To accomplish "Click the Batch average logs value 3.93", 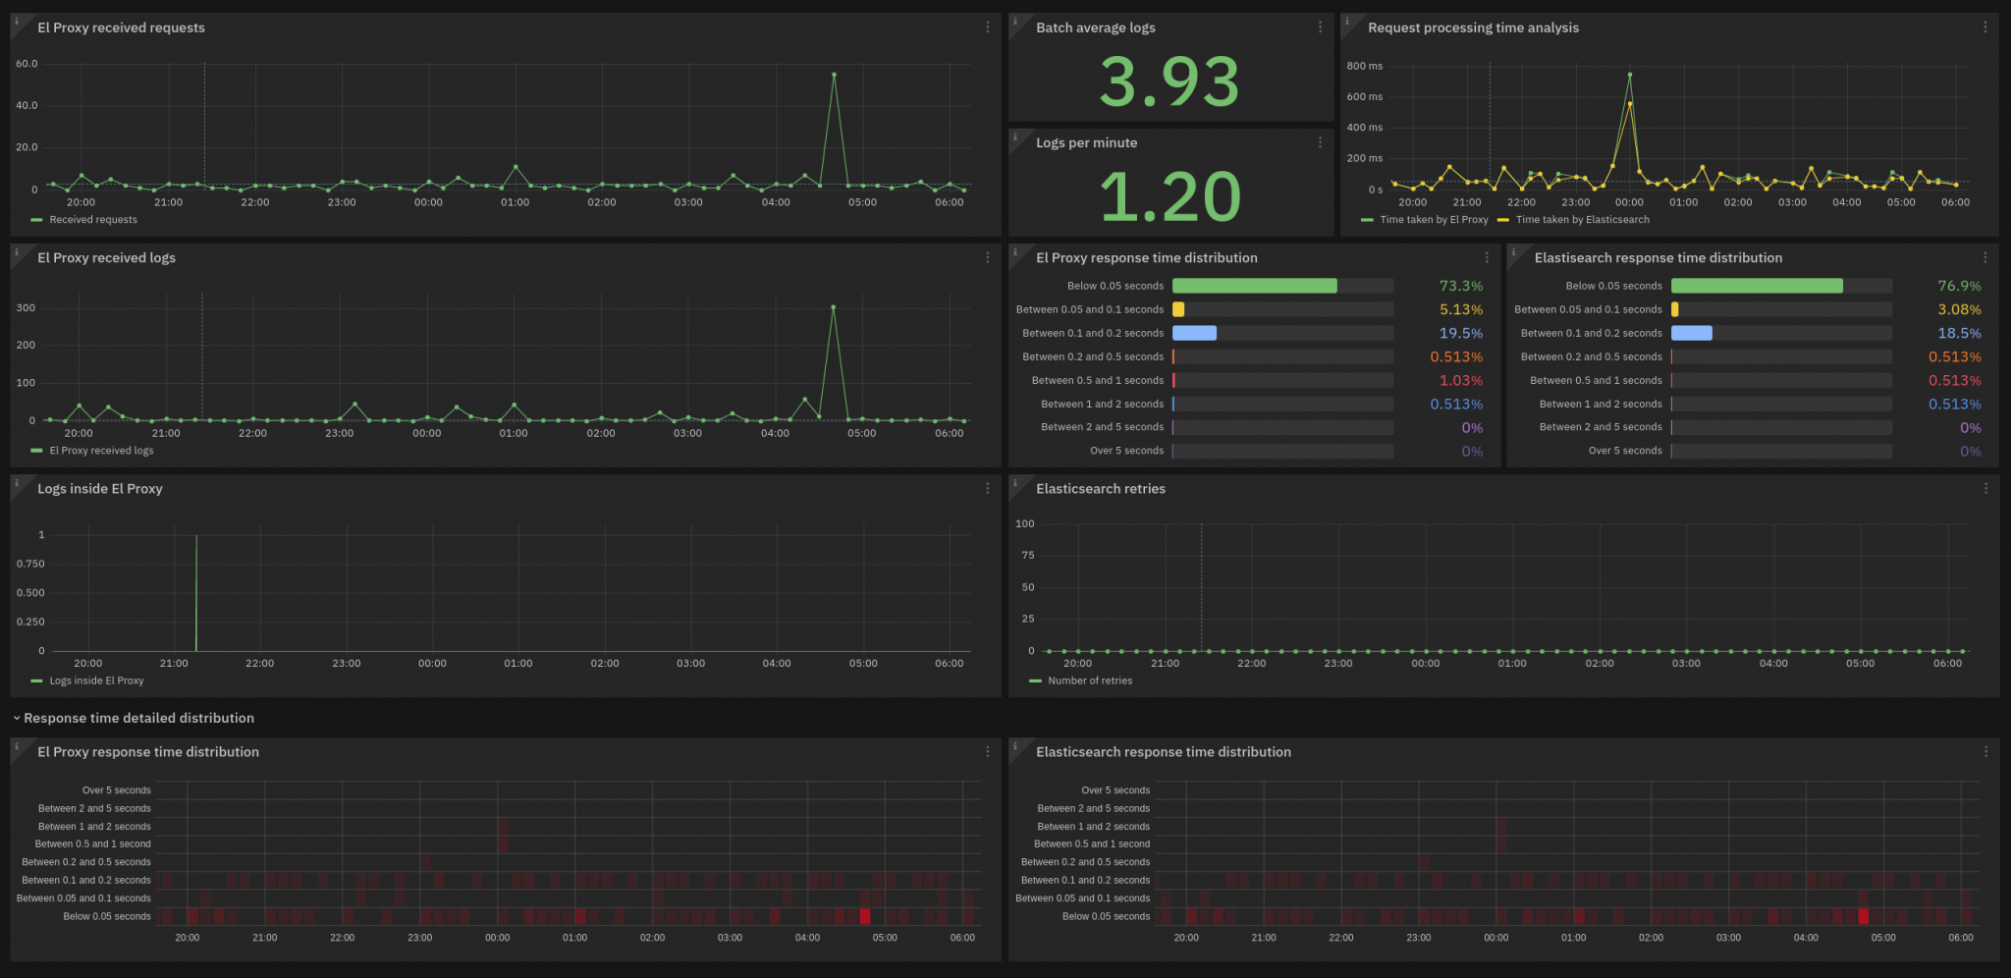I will coord(1169,81).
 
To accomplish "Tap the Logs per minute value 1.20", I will coord(1169,196).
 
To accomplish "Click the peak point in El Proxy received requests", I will coord(834,75).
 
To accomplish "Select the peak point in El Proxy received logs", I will coord(833,307).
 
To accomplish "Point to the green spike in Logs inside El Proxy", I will coord(196,589).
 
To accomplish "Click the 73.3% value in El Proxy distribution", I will coord(1460,286).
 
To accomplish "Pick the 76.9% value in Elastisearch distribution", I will coord(1958,286).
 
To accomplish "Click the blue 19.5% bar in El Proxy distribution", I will coord(1194,333).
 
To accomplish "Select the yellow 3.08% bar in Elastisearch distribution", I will coord(1674,309).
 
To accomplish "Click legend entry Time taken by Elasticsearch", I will coord(1581,220).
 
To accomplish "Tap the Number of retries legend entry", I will coord(1089,680).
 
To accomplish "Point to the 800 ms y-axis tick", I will coord(1364,66).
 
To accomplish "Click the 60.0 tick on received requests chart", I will coord(27,64).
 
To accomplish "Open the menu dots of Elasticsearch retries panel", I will coord(1985,488).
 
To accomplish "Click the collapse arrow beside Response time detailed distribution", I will coord(17,719).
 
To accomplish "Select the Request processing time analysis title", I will coord(1473,27).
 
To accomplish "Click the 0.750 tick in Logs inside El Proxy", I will coord(30,564).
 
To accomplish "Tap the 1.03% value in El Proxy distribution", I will coord(1460,380).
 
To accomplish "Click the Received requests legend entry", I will coord(92,220).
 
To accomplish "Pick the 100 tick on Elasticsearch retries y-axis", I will coord(1024,523).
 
